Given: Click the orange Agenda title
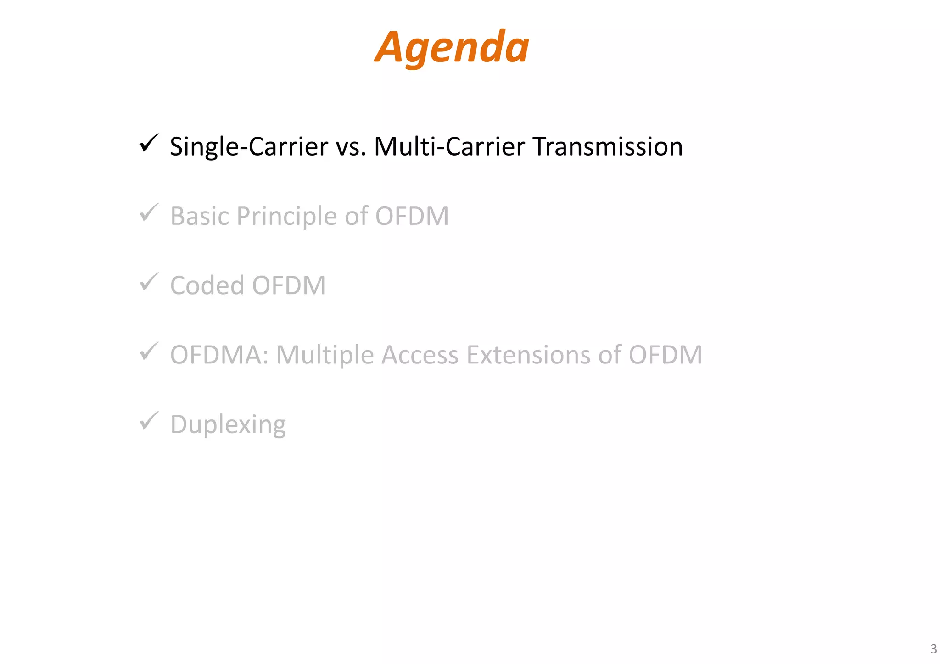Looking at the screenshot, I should tap(452, 48).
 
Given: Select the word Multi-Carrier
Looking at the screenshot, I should tap(449, 147).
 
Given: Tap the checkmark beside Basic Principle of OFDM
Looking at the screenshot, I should tap(149, 213).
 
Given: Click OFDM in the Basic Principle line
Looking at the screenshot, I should tap(411, 216).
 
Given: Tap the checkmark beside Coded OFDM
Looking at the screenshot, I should tap(149, 282).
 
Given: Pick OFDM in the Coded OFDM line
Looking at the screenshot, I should tap(289, 285).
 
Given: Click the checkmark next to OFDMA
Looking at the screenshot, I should tap(149, 352).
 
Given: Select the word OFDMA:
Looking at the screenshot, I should tap(219, 355).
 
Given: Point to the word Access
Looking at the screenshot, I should tap(420, 355).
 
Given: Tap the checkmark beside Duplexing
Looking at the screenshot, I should tap(149, 421).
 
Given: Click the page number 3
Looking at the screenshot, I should tap(933, 649).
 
